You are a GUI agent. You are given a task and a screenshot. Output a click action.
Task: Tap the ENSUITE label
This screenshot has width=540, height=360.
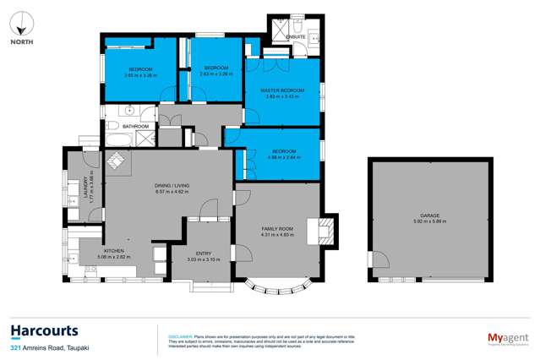295,38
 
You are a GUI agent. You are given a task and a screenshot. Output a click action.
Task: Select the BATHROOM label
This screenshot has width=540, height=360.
135,127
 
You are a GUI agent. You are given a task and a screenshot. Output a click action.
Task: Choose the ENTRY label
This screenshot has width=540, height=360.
203,254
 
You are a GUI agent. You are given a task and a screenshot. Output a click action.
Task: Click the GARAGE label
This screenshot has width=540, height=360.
429,215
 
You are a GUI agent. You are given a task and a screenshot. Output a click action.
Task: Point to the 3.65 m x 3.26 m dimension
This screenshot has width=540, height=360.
139,74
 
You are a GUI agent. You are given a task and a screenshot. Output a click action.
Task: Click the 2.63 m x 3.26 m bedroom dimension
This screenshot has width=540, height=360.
215,74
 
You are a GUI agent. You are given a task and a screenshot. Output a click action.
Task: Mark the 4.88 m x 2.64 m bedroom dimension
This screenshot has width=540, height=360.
283,157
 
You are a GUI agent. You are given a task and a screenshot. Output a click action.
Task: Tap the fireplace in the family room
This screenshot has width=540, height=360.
325,230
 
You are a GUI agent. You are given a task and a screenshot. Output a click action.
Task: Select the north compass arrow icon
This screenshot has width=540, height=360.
20,20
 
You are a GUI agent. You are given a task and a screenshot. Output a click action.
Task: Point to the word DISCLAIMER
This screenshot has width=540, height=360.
182,335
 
